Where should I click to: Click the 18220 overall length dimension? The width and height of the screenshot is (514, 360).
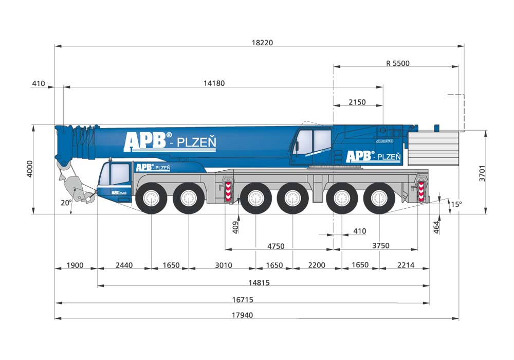point(262,43)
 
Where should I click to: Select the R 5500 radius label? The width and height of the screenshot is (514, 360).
point(398,63)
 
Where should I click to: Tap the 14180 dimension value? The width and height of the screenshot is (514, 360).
point(214,83)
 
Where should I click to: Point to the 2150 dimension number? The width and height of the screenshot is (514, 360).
point(357,102)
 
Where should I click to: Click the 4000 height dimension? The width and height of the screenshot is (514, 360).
point(30,169)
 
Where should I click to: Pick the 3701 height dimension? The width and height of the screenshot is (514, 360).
point(482,173)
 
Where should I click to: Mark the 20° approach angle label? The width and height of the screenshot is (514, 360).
point(66,203)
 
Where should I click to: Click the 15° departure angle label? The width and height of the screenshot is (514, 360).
point(456,204)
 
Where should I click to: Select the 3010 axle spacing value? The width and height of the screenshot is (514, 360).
point(223,265)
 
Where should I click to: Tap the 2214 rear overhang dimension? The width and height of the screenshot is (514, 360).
point(406,265)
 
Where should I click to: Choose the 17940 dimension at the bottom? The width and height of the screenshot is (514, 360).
point(242,315)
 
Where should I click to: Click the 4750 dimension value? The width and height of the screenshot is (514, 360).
point(276,246)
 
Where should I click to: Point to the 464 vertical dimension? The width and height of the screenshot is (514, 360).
point(436,227)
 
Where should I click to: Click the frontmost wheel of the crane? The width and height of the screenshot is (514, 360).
point(151,199)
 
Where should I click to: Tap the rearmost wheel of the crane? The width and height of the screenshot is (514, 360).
point(379,199)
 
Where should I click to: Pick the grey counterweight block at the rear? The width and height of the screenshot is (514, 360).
point(433,149)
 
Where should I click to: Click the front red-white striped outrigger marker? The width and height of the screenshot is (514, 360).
point(228,192)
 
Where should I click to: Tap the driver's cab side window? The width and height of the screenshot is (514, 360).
point(120,173)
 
